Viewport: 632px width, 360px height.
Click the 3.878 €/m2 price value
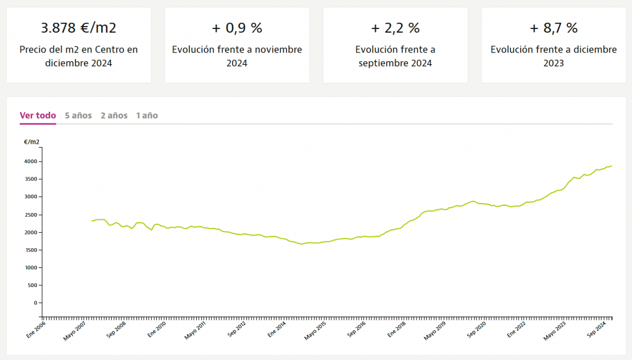tap(78, 28)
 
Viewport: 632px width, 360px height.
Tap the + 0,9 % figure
tap(237, 28)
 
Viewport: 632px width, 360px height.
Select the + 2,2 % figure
tap(395, 28)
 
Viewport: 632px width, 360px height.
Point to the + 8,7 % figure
tap(554, 28)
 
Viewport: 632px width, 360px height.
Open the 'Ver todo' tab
tap(38, 115)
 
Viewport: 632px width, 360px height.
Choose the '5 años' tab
tap(78, 115)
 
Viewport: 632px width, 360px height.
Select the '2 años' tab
tap(114, 115)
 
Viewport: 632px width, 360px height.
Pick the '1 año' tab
tap(147, 115)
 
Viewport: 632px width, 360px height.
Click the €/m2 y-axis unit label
tap(31, 142)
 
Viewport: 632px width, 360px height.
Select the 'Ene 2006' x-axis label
tap(36, 327)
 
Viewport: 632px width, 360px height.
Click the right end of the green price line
tap(611, 165)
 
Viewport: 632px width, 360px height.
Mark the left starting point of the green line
tap(91, 221)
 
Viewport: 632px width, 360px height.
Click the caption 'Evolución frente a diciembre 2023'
tap(554, 56)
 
